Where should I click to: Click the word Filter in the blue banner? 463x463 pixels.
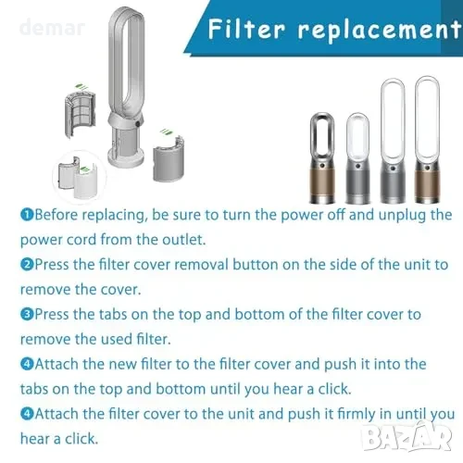coord(246,29)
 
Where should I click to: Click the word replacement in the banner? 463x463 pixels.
coord(380,31)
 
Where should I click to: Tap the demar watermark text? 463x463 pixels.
coord(52,27)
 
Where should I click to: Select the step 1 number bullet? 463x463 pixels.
coord(27,215)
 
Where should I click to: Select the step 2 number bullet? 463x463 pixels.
coord(27,265)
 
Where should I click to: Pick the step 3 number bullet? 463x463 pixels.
coord(27,314)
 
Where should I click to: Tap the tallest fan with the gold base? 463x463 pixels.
coord(427,140)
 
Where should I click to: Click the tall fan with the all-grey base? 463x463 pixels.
coord(393,141)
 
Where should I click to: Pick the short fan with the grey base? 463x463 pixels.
coord(357,158)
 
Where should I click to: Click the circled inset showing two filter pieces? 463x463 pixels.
coord(80,177)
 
